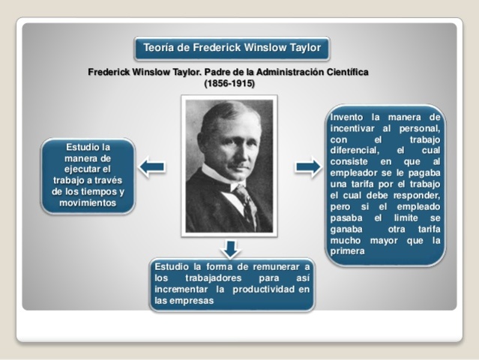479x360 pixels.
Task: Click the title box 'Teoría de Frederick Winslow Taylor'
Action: pos(231,48)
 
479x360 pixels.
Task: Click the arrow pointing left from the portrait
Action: pos(152,166)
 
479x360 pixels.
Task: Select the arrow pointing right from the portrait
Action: pos(307,166)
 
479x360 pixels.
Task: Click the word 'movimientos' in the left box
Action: pos(88,202)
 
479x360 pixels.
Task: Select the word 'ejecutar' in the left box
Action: pos(75,169)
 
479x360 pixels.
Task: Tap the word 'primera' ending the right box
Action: pos(347,251)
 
